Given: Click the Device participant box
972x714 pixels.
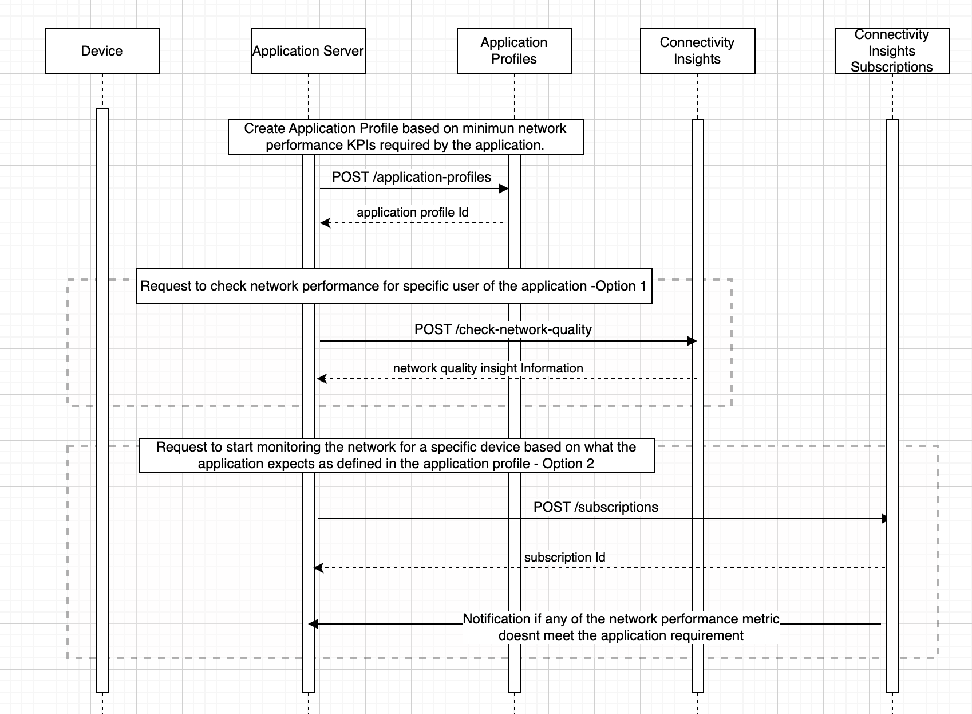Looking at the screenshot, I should [102, 51].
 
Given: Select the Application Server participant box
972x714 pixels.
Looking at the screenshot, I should [308, 51].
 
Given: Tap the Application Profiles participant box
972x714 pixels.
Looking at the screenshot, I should [514, 51].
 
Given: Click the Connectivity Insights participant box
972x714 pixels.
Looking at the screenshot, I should [697, 51].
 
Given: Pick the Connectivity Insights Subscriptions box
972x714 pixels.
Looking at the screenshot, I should [892, 51].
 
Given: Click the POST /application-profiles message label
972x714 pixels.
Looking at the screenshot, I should [411, 177].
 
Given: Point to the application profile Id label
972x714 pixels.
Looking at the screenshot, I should [412, 213].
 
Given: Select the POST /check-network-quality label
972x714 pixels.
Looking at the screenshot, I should [503, 329].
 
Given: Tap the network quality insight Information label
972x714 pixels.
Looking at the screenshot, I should [488, 368].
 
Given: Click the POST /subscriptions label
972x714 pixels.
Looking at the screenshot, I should [595, 507].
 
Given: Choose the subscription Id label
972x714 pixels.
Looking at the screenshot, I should [564, 558].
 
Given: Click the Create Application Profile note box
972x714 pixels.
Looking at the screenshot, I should [405, 137].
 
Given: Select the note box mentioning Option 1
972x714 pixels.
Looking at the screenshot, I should [394, 286].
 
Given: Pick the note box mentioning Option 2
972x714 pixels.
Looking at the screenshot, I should [396, 456].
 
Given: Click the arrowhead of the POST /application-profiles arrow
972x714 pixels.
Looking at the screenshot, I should [504, 189].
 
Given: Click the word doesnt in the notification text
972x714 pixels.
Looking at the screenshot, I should [517, 635].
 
